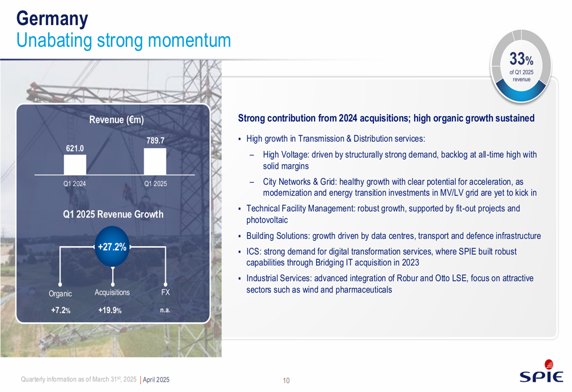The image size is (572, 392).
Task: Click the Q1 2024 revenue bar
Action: point(75,165)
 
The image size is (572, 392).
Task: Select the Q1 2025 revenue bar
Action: point(155,161)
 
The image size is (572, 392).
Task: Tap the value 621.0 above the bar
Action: point(75,149)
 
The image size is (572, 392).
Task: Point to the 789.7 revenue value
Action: point(156,141)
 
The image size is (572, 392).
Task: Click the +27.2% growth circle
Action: point(112,247)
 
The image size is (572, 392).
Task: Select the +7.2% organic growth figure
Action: point(61,310)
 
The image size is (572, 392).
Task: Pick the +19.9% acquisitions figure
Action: point(110,310)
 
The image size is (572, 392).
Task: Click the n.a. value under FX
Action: point(165,310)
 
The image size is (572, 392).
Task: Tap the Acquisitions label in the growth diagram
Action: point(112,292)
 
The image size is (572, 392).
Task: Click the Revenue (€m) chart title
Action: point(116,120)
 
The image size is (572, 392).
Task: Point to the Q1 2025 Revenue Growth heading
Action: point(113,214)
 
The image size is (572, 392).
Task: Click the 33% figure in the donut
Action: point(521,59)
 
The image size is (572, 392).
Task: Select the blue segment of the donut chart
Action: point(521,93)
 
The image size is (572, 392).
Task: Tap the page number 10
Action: point(286,381)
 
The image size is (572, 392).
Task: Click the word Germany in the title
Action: point(52,19)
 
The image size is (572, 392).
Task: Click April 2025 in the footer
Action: point(156,379)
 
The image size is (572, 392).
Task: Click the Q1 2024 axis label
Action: point(75,184)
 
